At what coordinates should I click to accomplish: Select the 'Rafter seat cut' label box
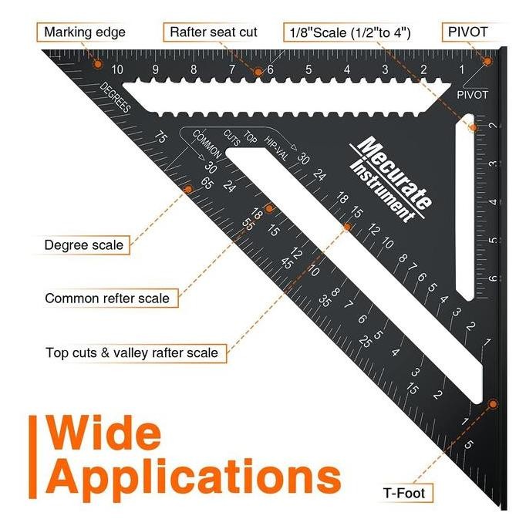214,32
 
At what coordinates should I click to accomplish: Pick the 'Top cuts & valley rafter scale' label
136,354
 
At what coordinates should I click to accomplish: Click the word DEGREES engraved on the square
113,97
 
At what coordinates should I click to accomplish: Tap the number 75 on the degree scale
160,138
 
